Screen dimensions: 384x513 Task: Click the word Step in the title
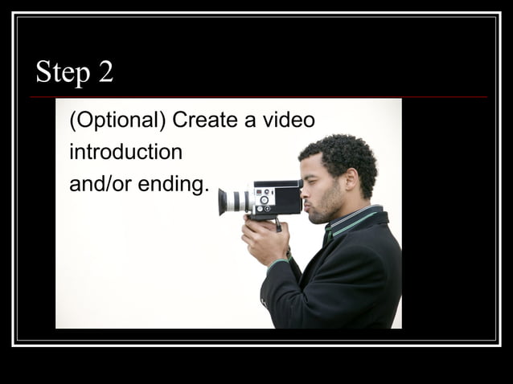(x=63, y=73)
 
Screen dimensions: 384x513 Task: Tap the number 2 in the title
(x=106, y=72)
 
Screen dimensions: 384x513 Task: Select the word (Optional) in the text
(x=117, y=121)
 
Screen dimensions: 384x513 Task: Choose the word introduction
(x=125, y=152)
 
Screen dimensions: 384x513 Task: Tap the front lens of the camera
(x=223, y=202)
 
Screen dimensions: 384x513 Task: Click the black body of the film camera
(x=277, y=196)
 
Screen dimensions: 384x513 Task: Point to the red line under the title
(x=257, y=97)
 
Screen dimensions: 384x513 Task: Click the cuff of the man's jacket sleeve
(x=278, y=263)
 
